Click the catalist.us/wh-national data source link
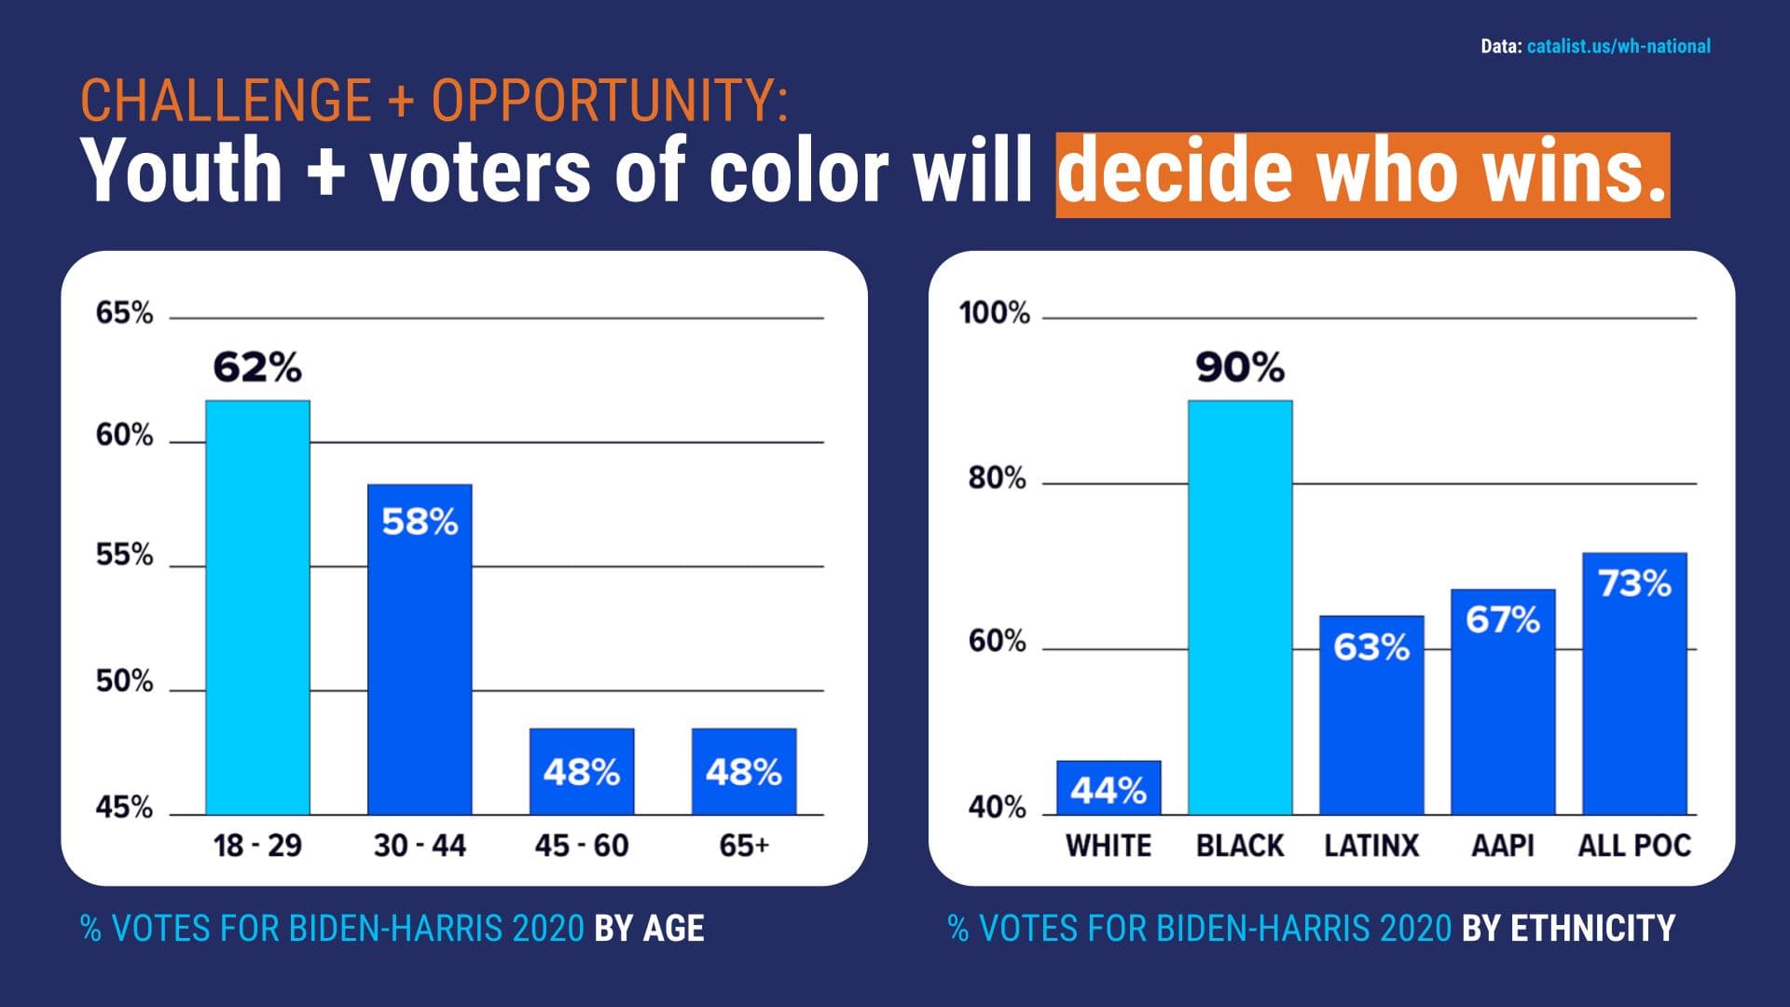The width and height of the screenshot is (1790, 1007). [1618, 47]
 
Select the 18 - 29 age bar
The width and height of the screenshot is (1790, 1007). [257, 607]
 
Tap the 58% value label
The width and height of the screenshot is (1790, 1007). [420, 522]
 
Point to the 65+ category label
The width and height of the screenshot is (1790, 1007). [744, 846]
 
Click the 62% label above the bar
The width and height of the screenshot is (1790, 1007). [257, 367]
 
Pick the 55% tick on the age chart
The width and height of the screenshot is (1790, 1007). [124, 556]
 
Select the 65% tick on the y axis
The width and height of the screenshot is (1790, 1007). [124, 313]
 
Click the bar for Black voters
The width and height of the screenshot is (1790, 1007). [1240, 607]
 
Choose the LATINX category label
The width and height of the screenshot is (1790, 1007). [1371, 846]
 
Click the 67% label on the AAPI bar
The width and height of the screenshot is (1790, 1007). [1503, 620]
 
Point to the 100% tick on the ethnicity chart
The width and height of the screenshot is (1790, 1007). [995, 313]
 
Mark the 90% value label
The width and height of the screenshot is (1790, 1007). [1240, 367]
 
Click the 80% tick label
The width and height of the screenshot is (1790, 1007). [997, 478]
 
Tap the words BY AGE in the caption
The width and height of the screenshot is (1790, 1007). [649, 929]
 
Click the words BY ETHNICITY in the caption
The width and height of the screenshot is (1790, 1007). [1568, 929]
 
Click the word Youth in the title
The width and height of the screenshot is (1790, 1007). [182, 172]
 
